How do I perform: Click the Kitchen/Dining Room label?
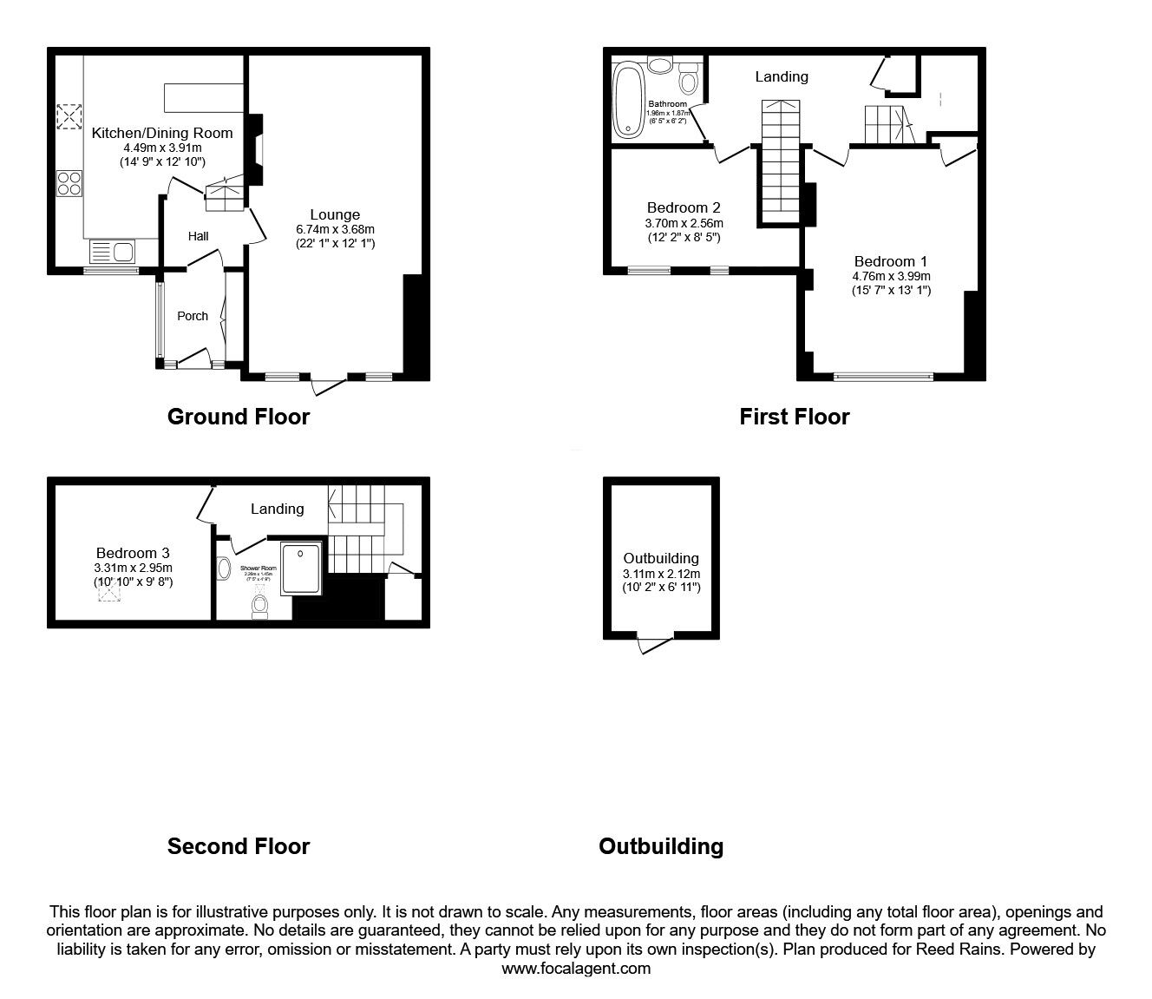[x=162, y=133]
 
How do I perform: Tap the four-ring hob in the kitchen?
[x=69, y=184]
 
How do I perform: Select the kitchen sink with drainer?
[x=112, y=253]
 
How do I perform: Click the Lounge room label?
[x=335, y=214]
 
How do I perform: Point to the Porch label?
[x=193, y=316]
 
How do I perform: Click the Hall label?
[x=199, y=236]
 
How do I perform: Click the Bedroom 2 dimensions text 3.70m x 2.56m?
[x=683, y=223]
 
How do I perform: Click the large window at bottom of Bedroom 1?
[x=883, y=377]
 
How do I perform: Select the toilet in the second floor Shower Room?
[x=259, y=604]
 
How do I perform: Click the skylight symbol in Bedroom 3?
[x=108, y=593]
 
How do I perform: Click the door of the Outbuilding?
[x=654, y=645]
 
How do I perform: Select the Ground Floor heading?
[x=238, y=417]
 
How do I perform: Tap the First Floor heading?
[x=794, y=417]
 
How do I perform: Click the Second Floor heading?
[x=238, y=846]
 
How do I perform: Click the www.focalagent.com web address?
[x=576, y=969]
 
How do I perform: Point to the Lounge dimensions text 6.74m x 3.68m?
[x=335, y=229]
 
